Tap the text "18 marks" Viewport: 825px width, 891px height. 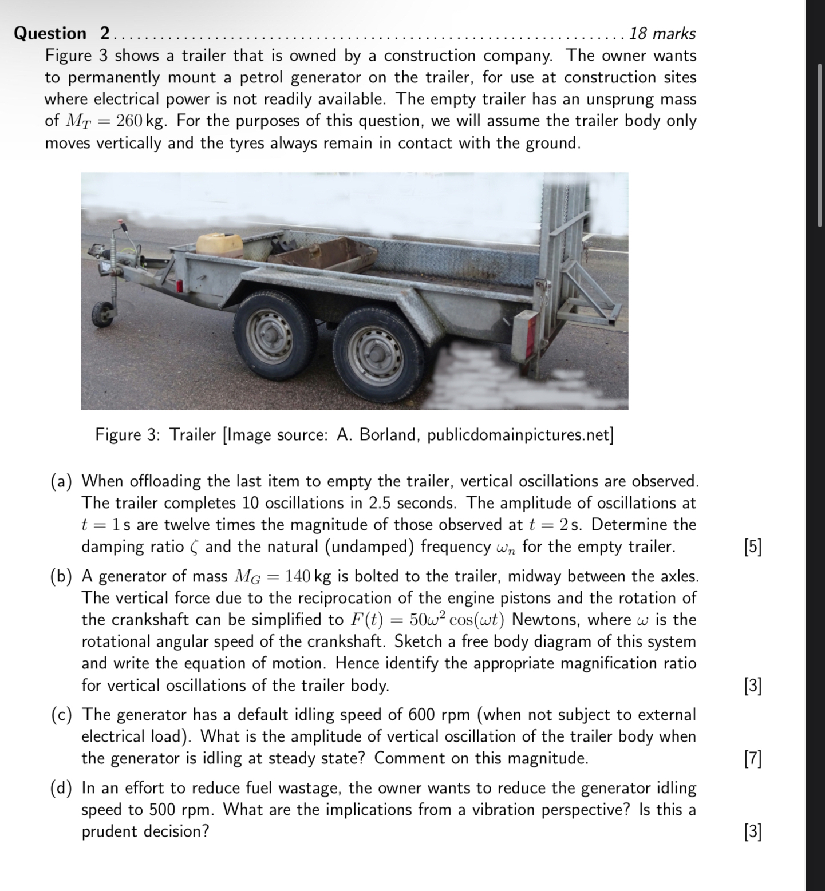pos(662,34)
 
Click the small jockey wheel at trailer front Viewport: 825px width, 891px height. pos(103,314)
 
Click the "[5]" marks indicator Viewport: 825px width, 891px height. pos(752,547)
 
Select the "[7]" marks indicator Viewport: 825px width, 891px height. pos(752,759)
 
